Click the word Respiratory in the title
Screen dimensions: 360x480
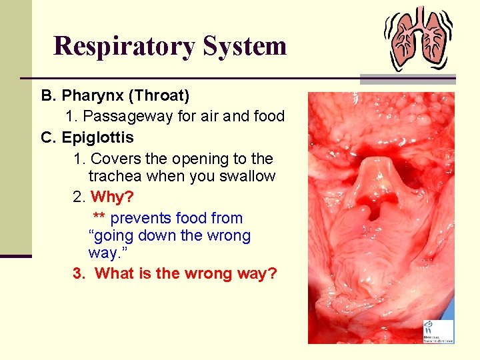pyautogui.click(x=124, y=46)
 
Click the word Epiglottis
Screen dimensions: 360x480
pyautogui.click(x=97, y=138)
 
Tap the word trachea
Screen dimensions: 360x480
pyautogui.click(x=115, y=177)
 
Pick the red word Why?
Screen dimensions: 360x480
pyautogui.click(x=112, y=197)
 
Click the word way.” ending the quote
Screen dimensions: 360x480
pyautogui.click(x=103, y=253)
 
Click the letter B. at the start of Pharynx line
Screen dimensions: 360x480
pyautogui.click(x=48, y=96)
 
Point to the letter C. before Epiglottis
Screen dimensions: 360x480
pyautogui.click(x=48, y=138)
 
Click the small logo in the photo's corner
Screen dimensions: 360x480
pyautogui.click(x=437, y=331)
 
